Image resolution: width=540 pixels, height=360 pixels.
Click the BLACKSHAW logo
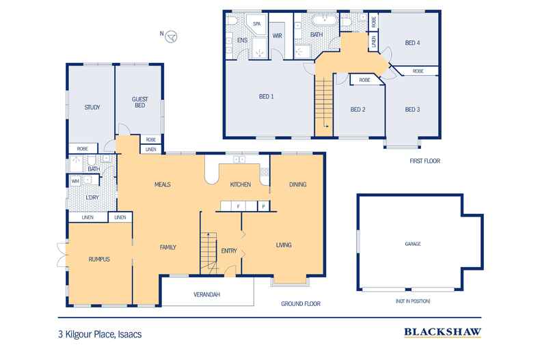point(442,333)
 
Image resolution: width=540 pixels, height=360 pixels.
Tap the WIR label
point(278,36)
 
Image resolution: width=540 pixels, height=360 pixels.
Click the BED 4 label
point(411,42)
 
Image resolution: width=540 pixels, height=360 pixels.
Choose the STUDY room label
point(92,107)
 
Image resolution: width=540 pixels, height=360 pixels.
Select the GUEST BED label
point(140,102)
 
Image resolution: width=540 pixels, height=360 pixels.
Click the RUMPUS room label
point(99,259)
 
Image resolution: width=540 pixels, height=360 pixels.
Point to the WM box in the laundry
point(75,180)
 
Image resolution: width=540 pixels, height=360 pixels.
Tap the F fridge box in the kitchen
point(238,206)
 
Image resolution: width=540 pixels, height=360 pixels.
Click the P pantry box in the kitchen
point(262,206)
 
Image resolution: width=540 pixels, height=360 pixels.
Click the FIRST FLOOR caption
point(424,161)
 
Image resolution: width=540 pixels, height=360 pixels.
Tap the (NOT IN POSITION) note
point(411,301)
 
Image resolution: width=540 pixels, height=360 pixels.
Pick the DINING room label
point(297,184)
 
